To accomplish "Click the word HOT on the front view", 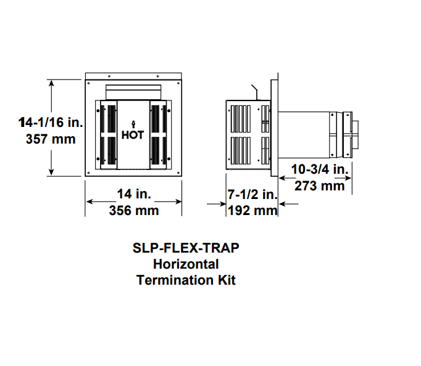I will pos(132,135).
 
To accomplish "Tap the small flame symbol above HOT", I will pos(132,123).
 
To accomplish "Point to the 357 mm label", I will pos(51,139).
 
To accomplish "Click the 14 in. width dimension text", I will pos(134,194).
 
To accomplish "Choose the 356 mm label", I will pos(134,211).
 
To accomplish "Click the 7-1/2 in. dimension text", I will pos(252,195).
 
